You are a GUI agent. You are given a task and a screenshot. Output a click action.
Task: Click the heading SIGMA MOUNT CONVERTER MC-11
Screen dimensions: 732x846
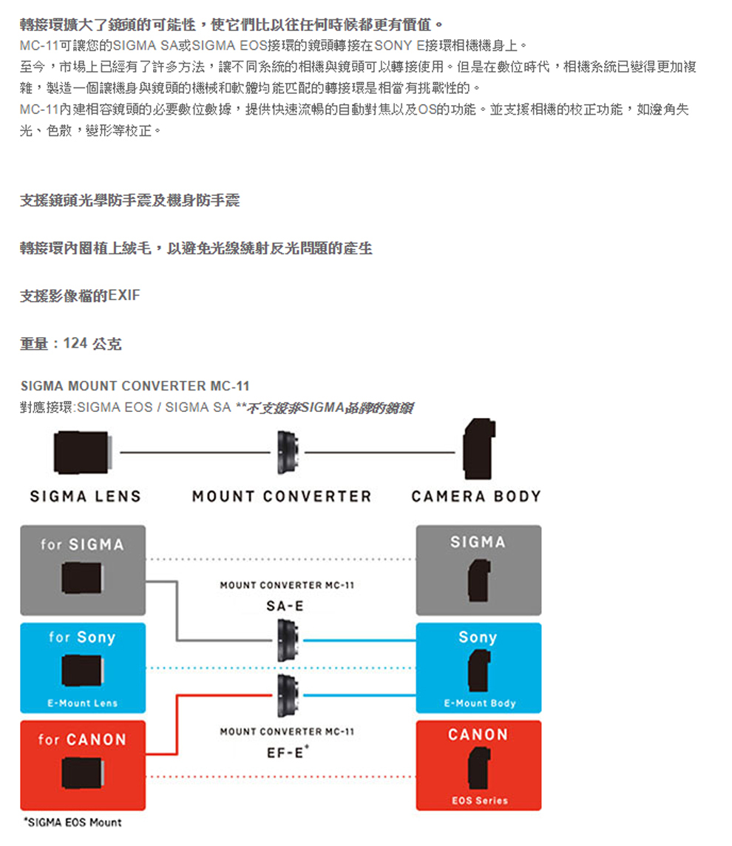point(135,386)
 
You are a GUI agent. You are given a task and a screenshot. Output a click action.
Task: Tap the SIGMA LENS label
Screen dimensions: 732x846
point(85,496)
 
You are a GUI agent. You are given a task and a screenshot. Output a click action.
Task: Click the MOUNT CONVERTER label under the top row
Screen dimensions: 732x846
point(282,496)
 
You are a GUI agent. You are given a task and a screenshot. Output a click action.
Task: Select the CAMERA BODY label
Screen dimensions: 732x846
point(476,496)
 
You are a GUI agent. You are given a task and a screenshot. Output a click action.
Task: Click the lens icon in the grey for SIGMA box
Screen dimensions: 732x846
point(82,577)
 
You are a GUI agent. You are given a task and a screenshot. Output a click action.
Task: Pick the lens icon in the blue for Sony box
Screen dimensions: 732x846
point(82,670)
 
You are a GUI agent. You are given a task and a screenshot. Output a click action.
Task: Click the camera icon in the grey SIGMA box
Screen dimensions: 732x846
point(478,578)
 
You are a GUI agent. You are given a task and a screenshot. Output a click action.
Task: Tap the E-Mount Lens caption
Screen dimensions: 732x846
point(82,703)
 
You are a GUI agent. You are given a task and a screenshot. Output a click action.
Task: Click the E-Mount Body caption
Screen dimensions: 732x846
point(479,703)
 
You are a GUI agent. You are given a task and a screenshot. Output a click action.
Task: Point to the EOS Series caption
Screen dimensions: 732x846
point(479,800)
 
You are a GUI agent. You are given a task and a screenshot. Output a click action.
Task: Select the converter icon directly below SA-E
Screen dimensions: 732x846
point(285,640)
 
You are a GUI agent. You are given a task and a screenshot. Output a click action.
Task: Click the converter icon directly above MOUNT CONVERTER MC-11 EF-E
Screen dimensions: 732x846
point(285,696)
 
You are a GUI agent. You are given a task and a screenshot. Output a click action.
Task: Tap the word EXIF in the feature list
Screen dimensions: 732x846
point(123,296)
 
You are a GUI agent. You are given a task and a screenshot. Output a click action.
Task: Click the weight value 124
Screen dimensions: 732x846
point(75,344)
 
